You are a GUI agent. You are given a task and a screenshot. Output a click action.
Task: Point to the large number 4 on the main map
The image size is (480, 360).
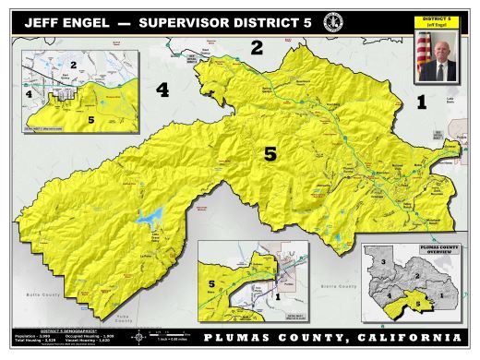pos(162,90)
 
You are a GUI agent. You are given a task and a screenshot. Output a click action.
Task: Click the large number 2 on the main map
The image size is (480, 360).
pos(258,47)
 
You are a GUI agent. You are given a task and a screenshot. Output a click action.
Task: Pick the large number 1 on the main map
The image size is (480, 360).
pos(422,102)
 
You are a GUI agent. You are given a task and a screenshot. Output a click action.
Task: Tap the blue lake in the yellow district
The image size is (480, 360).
pos(150,219)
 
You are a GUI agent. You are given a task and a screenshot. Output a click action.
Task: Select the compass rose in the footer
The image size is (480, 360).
pos(140,338)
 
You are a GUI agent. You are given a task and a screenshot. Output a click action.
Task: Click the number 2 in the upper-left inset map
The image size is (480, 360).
pos(72,64)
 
